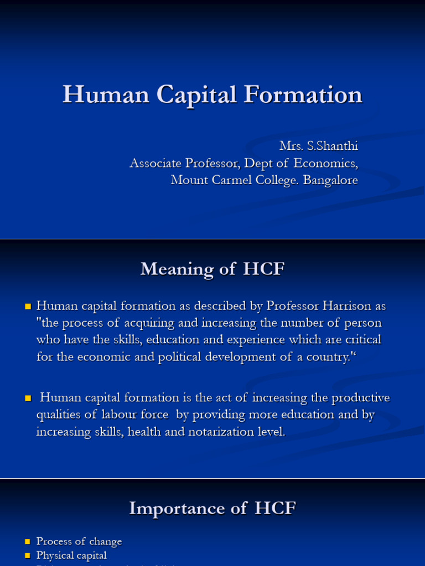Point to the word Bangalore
(x=330, y=180)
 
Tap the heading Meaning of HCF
(x=212, y=269)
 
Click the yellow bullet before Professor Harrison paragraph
(x=28, y=306)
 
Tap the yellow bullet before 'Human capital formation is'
(x=28, y=398)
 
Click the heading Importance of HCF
(x=212, y=509)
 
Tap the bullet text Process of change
(x=79, y=541)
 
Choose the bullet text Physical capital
(x=71, y=555)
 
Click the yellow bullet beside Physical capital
(x=28, y=555)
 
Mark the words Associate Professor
(x=180, y=163)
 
